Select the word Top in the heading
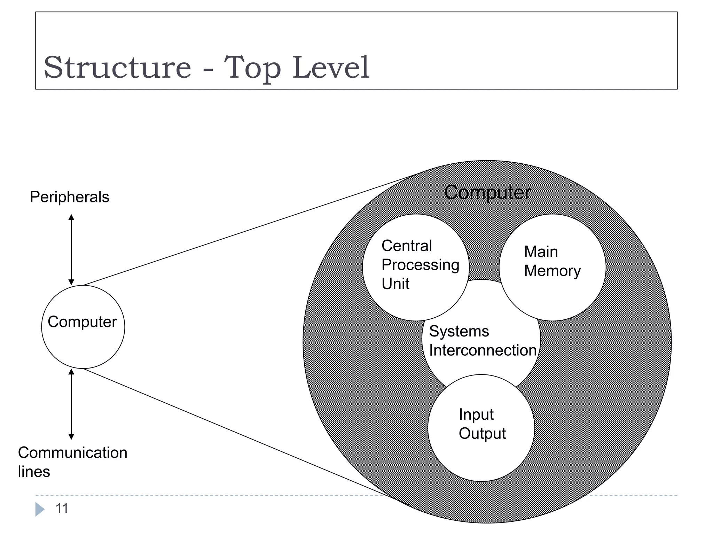[x=252, y=68]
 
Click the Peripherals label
[x=69, y=197]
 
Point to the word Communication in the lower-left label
[x=72, y=452]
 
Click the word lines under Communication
[x=34, y=472]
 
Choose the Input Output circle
[x=481, y=453]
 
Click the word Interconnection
[x=483, y=350]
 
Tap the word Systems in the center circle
[x=459, y=331]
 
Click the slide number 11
[x=62, y=509]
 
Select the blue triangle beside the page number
[x=39, y=509]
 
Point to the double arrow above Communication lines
[x=71, y=404]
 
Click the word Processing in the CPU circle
[x=420, y=265]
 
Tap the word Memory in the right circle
[x=553, y=271]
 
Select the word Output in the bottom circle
[x=482, y=433]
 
